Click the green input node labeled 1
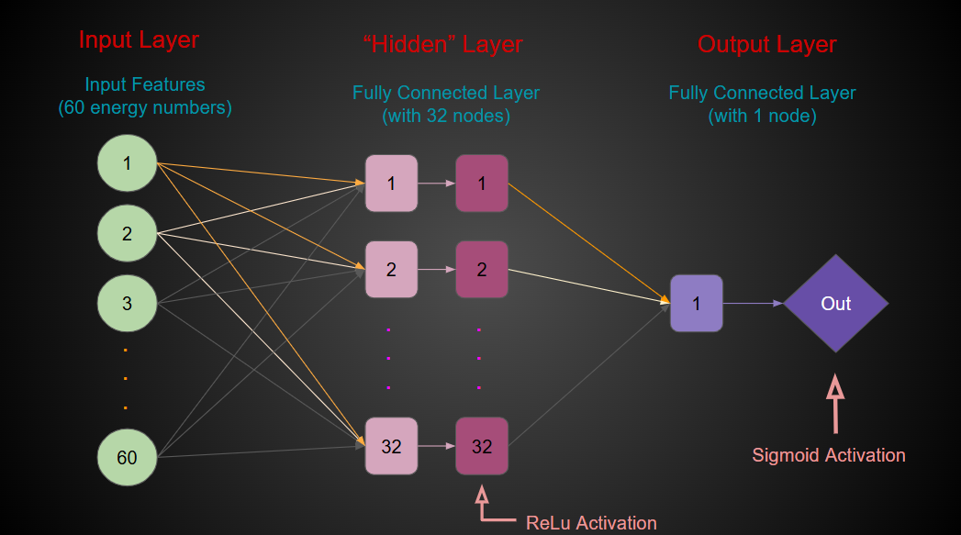pos(127,164)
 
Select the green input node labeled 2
pos(127,234)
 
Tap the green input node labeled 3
pos(127,303)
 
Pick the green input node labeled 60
pos(127,456)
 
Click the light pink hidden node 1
pos(391,183)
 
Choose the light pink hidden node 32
pos(391,446)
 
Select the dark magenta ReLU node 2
pos(482,270)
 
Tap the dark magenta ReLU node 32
pos(482,446)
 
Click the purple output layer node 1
pos(696,303)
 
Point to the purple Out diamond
pos(835,303)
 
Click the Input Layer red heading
pos(139,40)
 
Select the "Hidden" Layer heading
pos(443,44)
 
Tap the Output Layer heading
pos(766,44)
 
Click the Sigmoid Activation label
pos(828,455)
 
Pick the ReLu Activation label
pos(591,523)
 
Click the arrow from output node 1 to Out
pos(753,303)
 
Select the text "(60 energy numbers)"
pos(145,108)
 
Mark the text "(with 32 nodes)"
pos(445,117)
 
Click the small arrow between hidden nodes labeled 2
pos(437,270)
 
